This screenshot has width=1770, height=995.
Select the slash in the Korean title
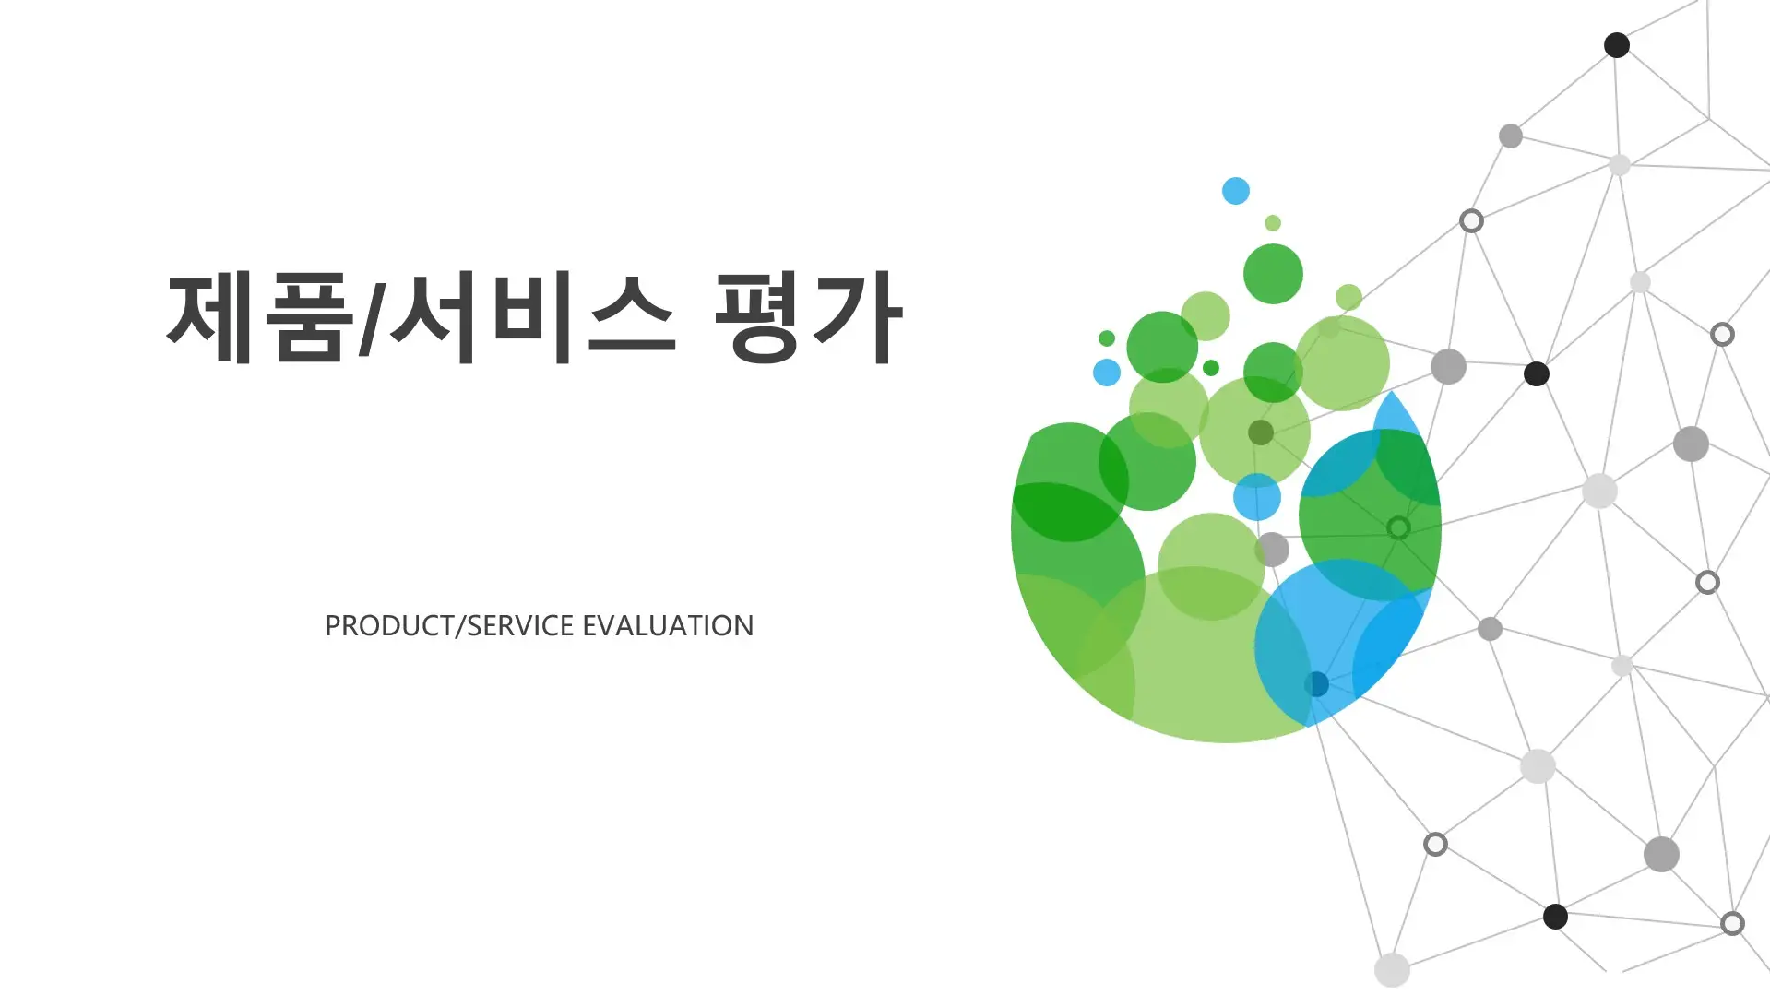370,318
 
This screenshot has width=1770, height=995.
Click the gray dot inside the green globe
1272,550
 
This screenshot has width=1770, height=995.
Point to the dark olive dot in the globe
1261,432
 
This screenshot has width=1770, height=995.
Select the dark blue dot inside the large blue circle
1316,684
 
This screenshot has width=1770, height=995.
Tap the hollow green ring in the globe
1398,527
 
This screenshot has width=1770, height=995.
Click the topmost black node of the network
1617,45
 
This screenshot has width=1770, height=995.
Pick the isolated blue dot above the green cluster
1236,191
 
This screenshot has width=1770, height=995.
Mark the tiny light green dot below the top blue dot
1273,223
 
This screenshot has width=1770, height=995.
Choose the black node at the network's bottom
1555,917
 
